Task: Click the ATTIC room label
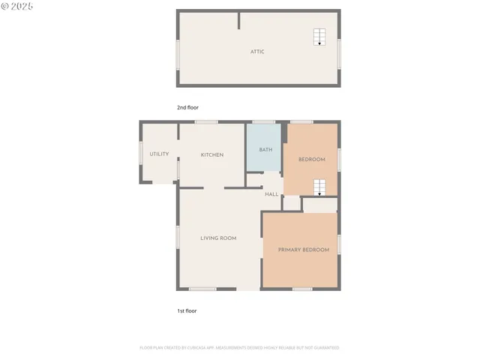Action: tap(257, 52)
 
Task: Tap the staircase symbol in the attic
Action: tap(319, 37)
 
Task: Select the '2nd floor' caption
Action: tap(187, 107)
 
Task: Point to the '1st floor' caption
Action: tap(187, 310)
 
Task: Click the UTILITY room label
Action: tap(159, 154)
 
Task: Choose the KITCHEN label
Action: tap(212, 154)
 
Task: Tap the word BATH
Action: tap(265, 149)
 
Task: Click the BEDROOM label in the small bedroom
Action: tap(312, 159)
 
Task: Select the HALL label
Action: tap(271, 194)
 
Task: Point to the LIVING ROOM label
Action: tap(218, 238)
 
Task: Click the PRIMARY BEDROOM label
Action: tap(304, 249)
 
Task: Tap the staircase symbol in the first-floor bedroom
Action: tap(319, 187)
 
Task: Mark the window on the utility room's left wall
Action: tap(140, 152)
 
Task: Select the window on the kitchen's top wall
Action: tap(206, 121)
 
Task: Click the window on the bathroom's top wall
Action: tap(263, 121)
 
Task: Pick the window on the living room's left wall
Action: tap(178, 236)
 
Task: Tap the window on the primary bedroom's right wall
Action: tap(339, 244)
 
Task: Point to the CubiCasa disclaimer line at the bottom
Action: tap(239, 347)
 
